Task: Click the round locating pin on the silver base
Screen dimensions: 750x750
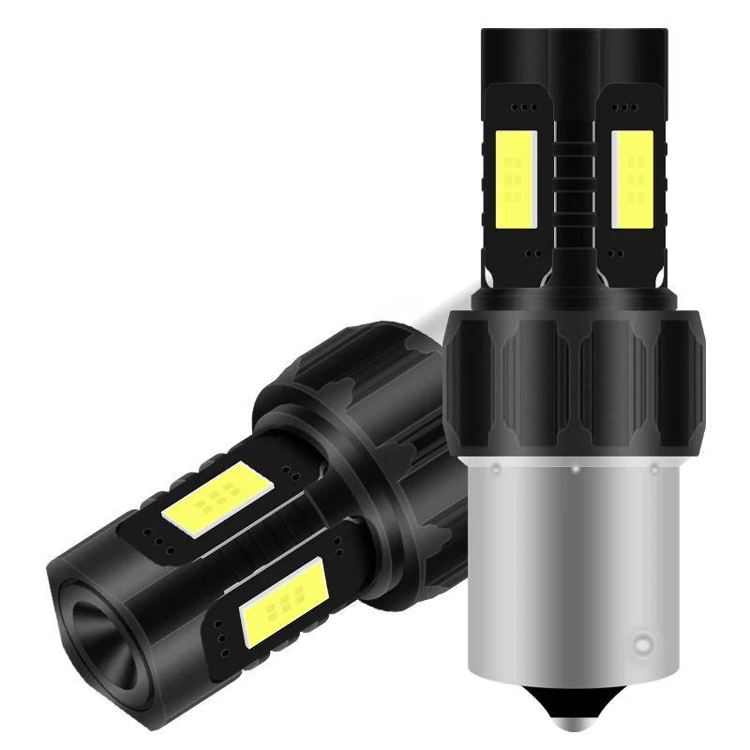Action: point(642,645)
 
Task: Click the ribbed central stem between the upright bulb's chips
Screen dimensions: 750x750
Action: point(574,187)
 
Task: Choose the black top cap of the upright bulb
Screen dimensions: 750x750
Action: point(574,52)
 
